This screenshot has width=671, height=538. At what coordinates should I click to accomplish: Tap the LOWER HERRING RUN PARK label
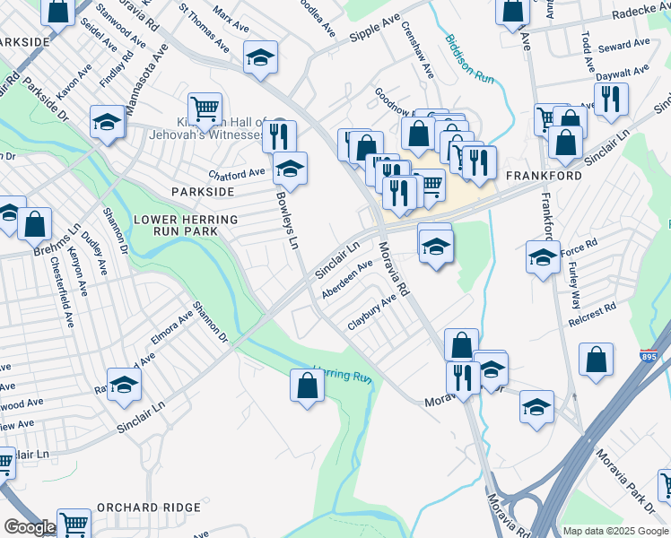tap(186, 227)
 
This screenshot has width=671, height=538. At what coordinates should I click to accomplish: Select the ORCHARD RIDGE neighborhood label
tap(149, 507)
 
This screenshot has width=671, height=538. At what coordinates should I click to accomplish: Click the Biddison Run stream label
tap(468, 58)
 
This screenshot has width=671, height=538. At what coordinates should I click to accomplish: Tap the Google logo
tap(30, 527)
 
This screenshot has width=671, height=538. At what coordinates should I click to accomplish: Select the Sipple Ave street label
tap(374, 28)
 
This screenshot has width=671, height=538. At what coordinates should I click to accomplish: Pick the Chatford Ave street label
tap(237, 173)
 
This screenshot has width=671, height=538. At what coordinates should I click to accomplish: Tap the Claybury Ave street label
tap(371, 311)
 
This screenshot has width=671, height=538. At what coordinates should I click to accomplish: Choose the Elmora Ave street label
tap(172, 327)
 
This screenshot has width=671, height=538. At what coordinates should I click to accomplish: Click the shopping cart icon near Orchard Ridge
tap(74, 524)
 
